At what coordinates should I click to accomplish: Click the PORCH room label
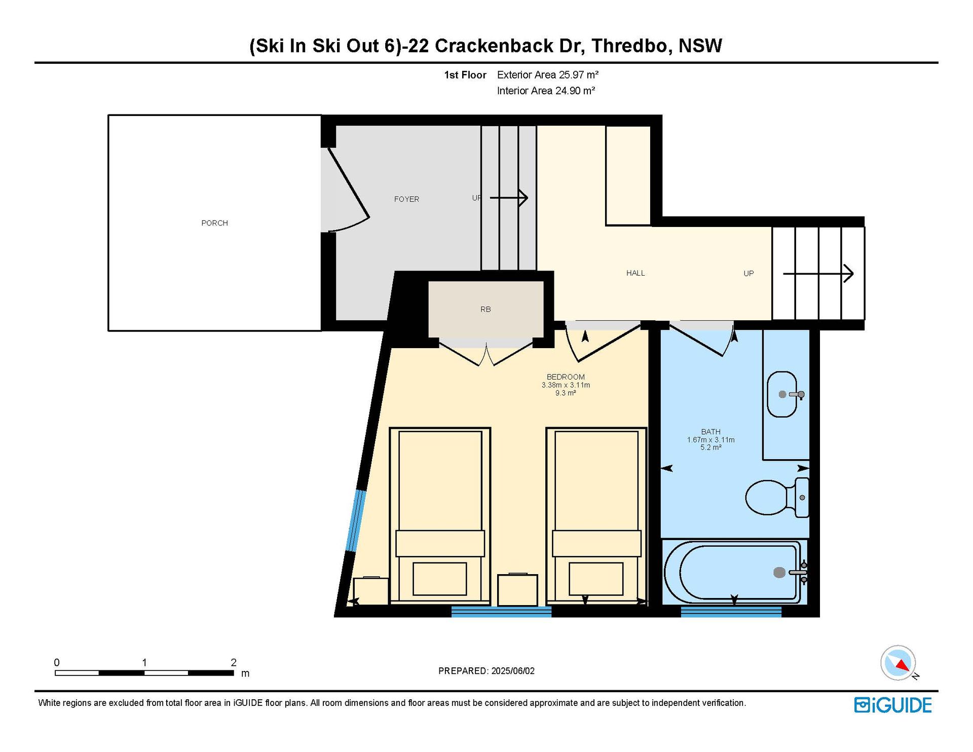(214, 223)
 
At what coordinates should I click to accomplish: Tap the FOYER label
(406, 199)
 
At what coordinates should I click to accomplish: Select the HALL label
(635, 273)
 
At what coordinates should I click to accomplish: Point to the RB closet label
(485, 309)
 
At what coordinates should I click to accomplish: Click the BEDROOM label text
(566, 377)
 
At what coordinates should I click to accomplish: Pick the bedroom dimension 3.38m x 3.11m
(566, 385)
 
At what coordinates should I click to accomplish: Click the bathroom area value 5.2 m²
(710, 447)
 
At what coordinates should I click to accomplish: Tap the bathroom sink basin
(782, 394)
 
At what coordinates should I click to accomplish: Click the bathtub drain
(779, 573)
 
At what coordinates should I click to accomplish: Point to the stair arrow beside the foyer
(509, 198)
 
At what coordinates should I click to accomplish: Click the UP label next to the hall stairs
(749, 274)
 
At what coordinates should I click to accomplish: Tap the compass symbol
(899, 662)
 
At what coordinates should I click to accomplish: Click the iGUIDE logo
(893, 705)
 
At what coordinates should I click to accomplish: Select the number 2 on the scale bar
(234, 662)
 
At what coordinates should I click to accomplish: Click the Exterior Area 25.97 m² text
(548, 75)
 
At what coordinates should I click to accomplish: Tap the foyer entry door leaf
(349, 182)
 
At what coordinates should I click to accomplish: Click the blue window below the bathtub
(731, 612)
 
